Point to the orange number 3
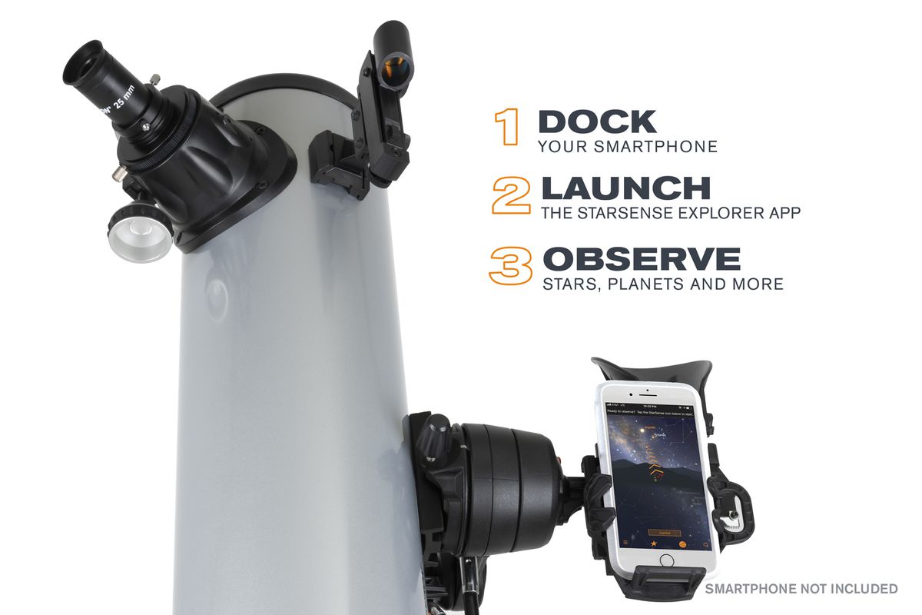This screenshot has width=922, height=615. [x=511, y=265]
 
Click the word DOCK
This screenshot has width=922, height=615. [x=598, y=122]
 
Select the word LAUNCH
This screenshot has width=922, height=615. [x=625, y=189]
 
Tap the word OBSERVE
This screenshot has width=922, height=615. [x=641, y=259]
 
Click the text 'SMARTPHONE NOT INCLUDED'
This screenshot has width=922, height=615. [x=801, y=589]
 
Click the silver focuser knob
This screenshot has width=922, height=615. [x=140, y=234]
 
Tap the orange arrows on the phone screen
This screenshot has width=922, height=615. [x=655, y=465]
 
